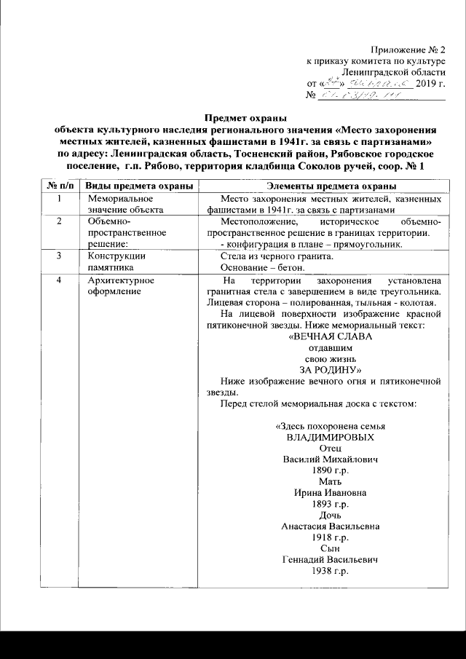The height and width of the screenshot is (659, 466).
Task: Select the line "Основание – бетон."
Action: tap(259, 267)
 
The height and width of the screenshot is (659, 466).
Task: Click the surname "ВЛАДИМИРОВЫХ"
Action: tap(331, 438)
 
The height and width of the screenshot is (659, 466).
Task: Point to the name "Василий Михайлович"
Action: tap(331, 459)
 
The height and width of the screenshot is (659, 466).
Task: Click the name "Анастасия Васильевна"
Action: tap(331, 526)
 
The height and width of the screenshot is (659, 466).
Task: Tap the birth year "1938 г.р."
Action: tap(331, 571)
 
